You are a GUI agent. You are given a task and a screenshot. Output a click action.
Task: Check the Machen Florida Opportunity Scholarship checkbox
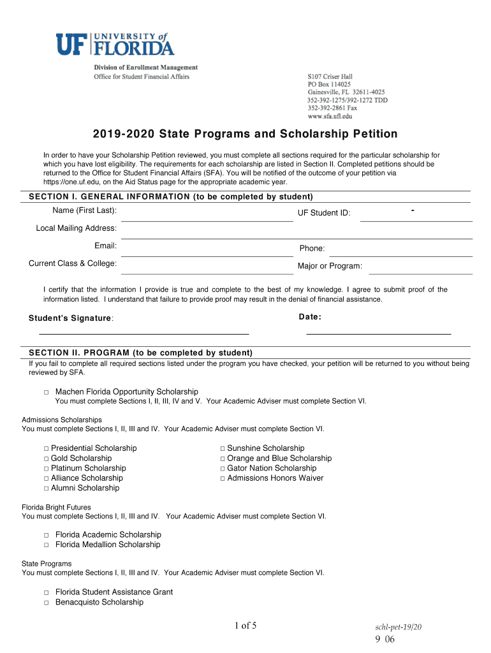(x=47, y=392)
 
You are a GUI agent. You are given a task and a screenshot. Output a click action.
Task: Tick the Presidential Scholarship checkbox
(x=47, y=449)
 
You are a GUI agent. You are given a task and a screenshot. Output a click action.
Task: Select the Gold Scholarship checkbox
(x=47, y=459)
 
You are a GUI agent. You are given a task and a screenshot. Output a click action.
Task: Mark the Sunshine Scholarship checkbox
(x=223, y=449)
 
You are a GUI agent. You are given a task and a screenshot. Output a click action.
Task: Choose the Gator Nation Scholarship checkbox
(x=223, y=469)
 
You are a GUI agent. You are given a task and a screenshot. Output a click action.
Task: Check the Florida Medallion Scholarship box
(x=47, y=545)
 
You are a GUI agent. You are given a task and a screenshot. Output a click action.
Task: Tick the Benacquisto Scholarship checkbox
(x=47, y=603)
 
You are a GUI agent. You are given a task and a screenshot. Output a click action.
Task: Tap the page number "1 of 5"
(x=245, y=626)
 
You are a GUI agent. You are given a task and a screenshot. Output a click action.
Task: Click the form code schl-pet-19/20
(x=399, y=627)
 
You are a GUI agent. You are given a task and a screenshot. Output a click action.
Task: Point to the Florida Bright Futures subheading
(x=56, y=508)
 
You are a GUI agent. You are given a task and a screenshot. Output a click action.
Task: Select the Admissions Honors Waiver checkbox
(x=223, y=478)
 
